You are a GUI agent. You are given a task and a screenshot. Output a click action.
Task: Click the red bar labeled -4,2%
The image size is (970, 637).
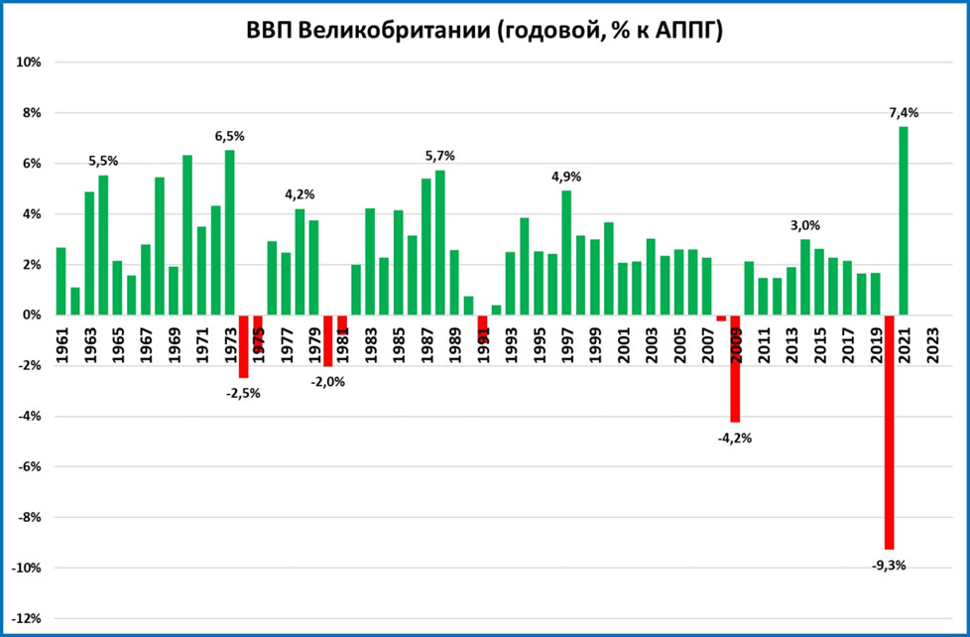tap(735, 368)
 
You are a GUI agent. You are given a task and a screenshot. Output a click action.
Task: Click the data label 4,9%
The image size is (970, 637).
tap(565, 177)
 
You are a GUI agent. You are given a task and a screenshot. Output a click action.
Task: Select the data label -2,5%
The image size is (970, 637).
tap(243, 393)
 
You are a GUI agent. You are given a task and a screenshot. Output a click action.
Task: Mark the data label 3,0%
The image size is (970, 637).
tap(805, 226)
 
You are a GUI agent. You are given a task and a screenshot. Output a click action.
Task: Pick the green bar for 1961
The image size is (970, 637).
tap(61, 281)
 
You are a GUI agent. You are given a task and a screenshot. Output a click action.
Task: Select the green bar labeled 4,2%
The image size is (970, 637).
tap(300, 261)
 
